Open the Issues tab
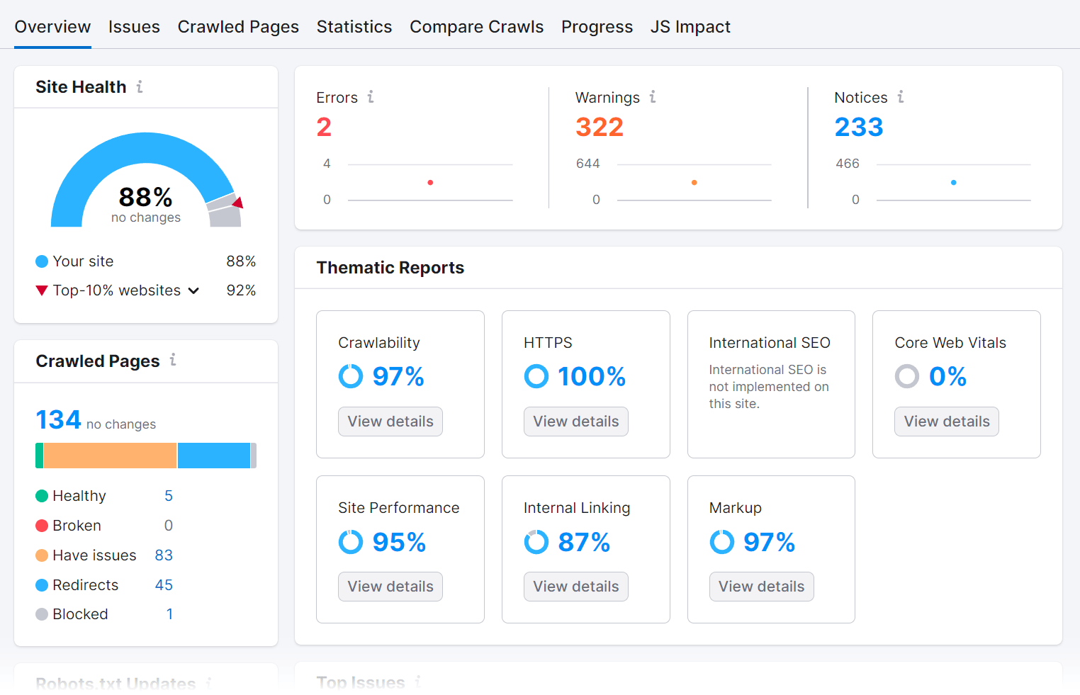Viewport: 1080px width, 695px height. coord(134,27)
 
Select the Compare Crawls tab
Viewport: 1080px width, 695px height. coord(476,27)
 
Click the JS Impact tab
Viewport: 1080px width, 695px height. coord(690,27)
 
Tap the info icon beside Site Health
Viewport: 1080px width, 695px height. coord(140,86)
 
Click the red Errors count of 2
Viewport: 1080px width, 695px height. coord(324,128)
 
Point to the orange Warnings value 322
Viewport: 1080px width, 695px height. coord(600,128)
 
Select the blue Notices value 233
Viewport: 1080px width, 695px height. coord(858,128)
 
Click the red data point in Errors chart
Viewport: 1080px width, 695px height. coord(430,183)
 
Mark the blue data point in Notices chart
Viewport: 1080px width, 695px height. coord(953,183)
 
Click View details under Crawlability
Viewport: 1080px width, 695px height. coord(390,422)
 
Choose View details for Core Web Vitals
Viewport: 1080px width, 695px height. coord(946,422)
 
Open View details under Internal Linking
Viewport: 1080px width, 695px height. coord(575,587)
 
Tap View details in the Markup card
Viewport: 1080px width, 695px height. coord(761,587)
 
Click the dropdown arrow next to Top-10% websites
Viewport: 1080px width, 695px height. coord(193,290)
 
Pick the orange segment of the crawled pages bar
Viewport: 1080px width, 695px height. coord(110,456)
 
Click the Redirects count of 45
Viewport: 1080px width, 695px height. coord(164,585)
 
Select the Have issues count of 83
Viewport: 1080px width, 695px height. coord(164,555)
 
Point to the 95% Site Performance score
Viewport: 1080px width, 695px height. coord(399,543)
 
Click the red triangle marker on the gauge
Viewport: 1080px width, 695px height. coord(238,203)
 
